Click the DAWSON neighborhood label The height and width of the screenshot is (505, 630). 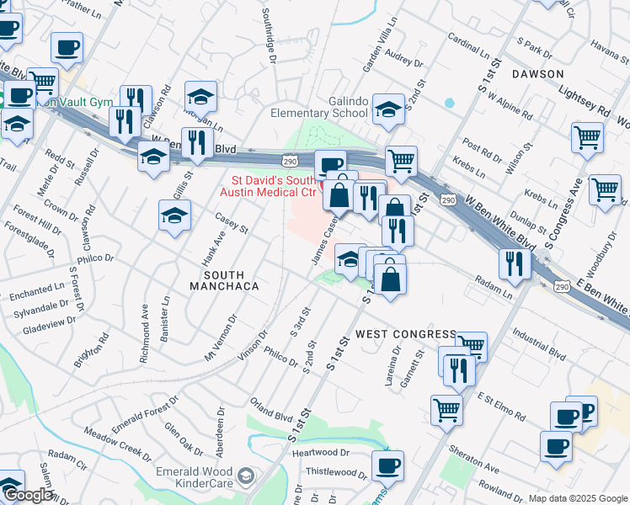pos(537,74)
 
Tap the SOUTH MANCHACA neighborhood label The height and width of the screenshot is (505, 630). pos(223,281)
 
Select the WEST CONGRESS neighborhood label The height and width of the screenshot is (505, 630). pos(405,334)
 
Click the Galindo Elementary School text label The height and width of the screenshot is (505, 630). pos(319,107)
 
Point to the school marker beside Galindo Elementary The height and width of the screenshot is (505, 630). pos(388,109)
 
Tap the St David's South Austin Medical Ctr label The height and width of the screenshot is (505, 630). pos(273,186)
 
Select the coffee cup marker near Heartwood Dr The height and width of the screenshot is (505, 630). pos(387,465)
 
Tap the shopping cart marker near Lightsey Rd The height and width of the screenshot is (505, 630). pos(587,136)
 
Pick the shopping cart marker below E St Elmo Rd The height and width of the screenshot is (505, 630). pos(446,410)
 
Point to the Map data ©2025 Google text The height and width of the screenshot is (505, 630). pos(577,498)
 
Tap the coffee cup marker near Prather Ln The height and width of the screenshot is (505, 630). pos(67,47)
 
